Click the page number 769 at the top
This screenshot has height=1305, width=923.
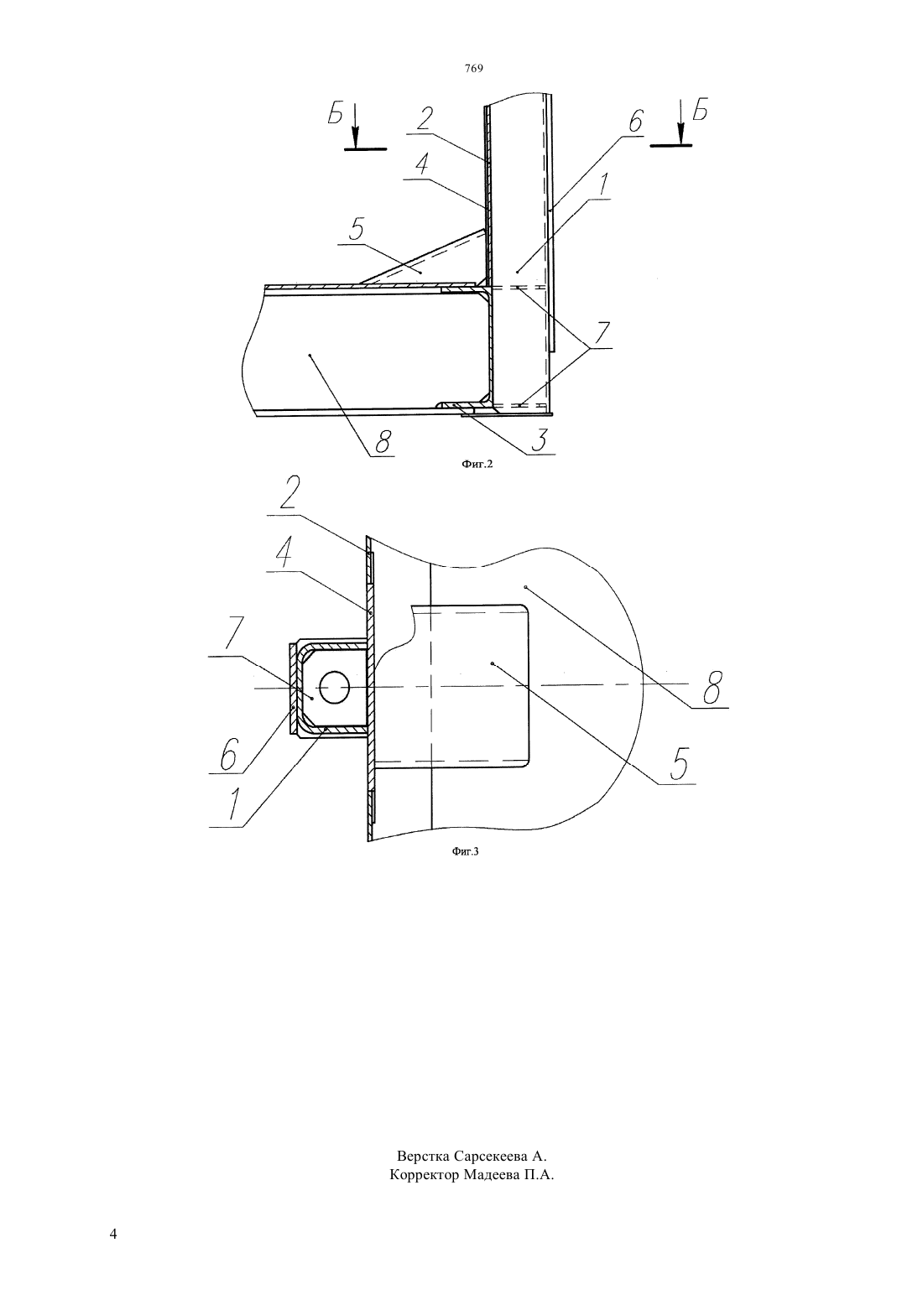[x=474, y=69]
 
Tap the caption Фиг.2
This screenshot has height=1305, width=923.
[x=477, y=465]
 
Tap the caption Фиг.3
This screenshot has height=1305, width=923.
[x=465, y=851]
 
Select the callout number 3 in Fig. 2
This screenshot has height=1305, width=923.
[x=539, y=439]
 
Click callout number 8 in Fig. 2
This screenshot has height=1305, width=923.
[x=382, y=443]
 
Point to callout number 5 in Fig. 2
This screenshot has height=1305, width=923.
[x=356, y=231]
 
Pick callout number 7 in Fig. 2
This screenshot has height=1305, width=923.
[x=602, y=333]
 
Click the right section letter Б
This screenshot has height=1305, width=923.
[x=701, y=111]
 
